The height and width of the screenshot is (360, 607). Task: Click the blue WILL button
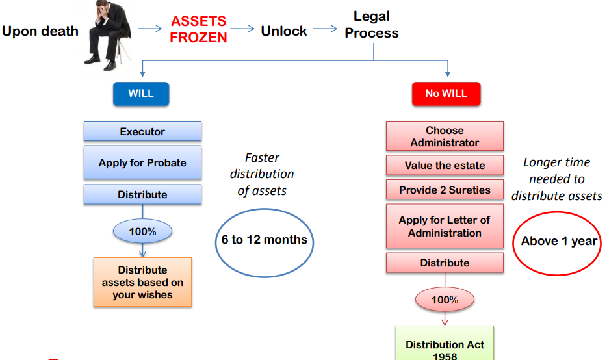pos(141,94)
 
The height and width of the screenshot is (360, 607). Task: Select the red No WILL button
pos(446,94)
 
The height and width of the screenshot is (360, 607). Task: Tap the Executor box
pos(142,131)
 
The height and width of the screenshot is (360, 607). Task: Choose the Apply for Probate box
pos(142,163)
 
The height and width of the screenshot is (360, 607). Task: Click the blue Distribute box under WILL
pos(142,195)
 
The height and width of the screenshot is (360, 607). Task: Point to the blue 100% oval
pos(142,231)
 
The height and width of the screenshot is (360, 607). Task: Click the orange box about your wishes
pos(142,282)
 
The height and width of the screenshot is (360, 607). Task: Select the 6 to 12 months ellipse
pos(264,240)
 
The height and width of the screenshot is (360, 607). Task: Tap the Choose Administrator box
pos(445,136)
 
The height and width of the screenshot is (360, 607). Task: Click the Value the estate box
pos(445,165)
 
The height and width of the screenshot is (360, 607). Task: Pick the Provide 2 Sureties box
pos(445,190)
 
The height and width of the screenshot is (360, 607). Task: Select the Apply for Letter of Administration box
pos(445,226)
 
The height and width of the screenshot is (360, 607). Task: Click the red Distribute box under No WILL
pos(445,263)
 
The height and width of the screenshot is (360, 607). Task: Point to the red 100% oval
pos(445,300)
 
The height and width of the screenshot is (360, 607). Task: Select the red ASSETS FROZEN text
pos(198,30)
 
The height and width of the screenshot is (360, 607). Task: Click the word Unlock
pos(283,31)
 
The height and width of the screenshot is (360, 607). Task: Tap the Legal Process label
pos(372,25)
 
